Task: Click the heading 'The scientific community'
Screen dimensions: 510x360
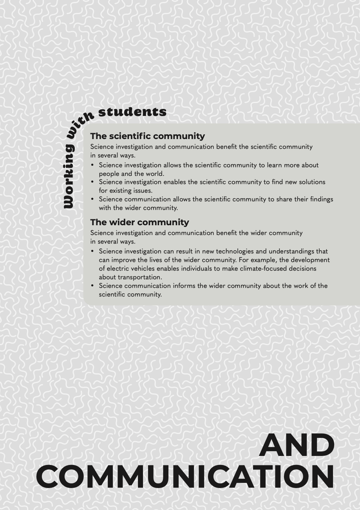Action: pyautogui.click(x=147, y=136)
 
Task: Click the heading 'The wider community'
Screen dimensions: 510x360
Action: pyautogui.click(x=139, y=222)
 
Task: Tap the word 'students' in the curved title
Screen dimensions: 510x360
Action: pyautogui.click(x=132, y=112)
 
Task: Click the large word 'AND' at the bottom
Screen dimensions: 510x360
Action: pyautogui.click(x=297, y=446)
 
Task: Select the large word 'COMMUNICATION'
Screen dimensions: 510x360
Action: pyautogui.click(x=185, y=477)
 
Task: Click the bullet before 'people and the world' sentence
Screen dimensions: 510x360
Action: pyautogui.click(x=92, y=165)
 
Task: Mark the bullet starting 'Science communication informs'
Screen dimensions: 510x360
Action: pyautogui.click(x=92, y=286)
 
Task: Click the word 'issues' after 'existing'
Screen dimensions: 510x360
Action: pyautogui.click(x=143, y=191)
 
